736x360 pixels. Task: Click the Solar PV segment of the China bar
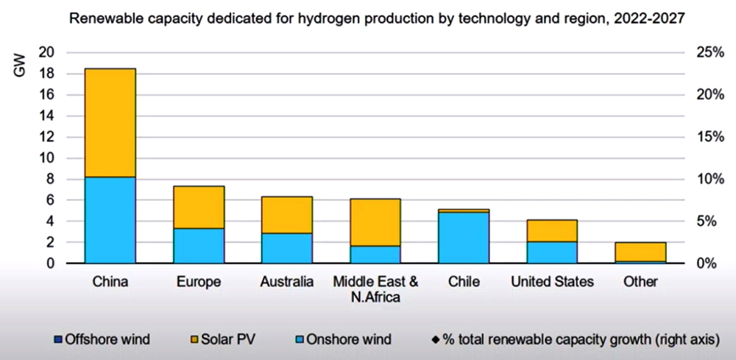click(x=110, y=122)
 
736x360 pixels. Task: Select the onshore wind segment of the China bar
click(x=110, y=219)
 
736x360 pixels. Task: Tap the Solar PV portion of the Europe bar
click(x=199, y=207)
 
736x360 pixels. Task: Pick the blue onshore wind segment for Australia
click(x=287, y=247)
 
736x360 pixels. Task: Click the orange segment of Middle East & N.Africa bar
click(x=375, y=222)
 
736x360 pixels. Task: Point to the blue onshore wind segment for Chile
click(x=464, y=237)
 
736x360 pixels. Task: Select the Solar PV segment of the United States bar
click(x=552, y=230)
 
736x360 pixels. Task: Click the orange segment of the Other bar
click(x=640, y=251)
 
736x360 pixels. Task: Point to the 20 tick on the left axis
click(x=46, y=52)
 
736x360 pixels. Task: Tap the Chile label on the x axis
click(x=464, y=281)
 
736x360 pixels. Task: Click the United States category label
click(x=552, y=281)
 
